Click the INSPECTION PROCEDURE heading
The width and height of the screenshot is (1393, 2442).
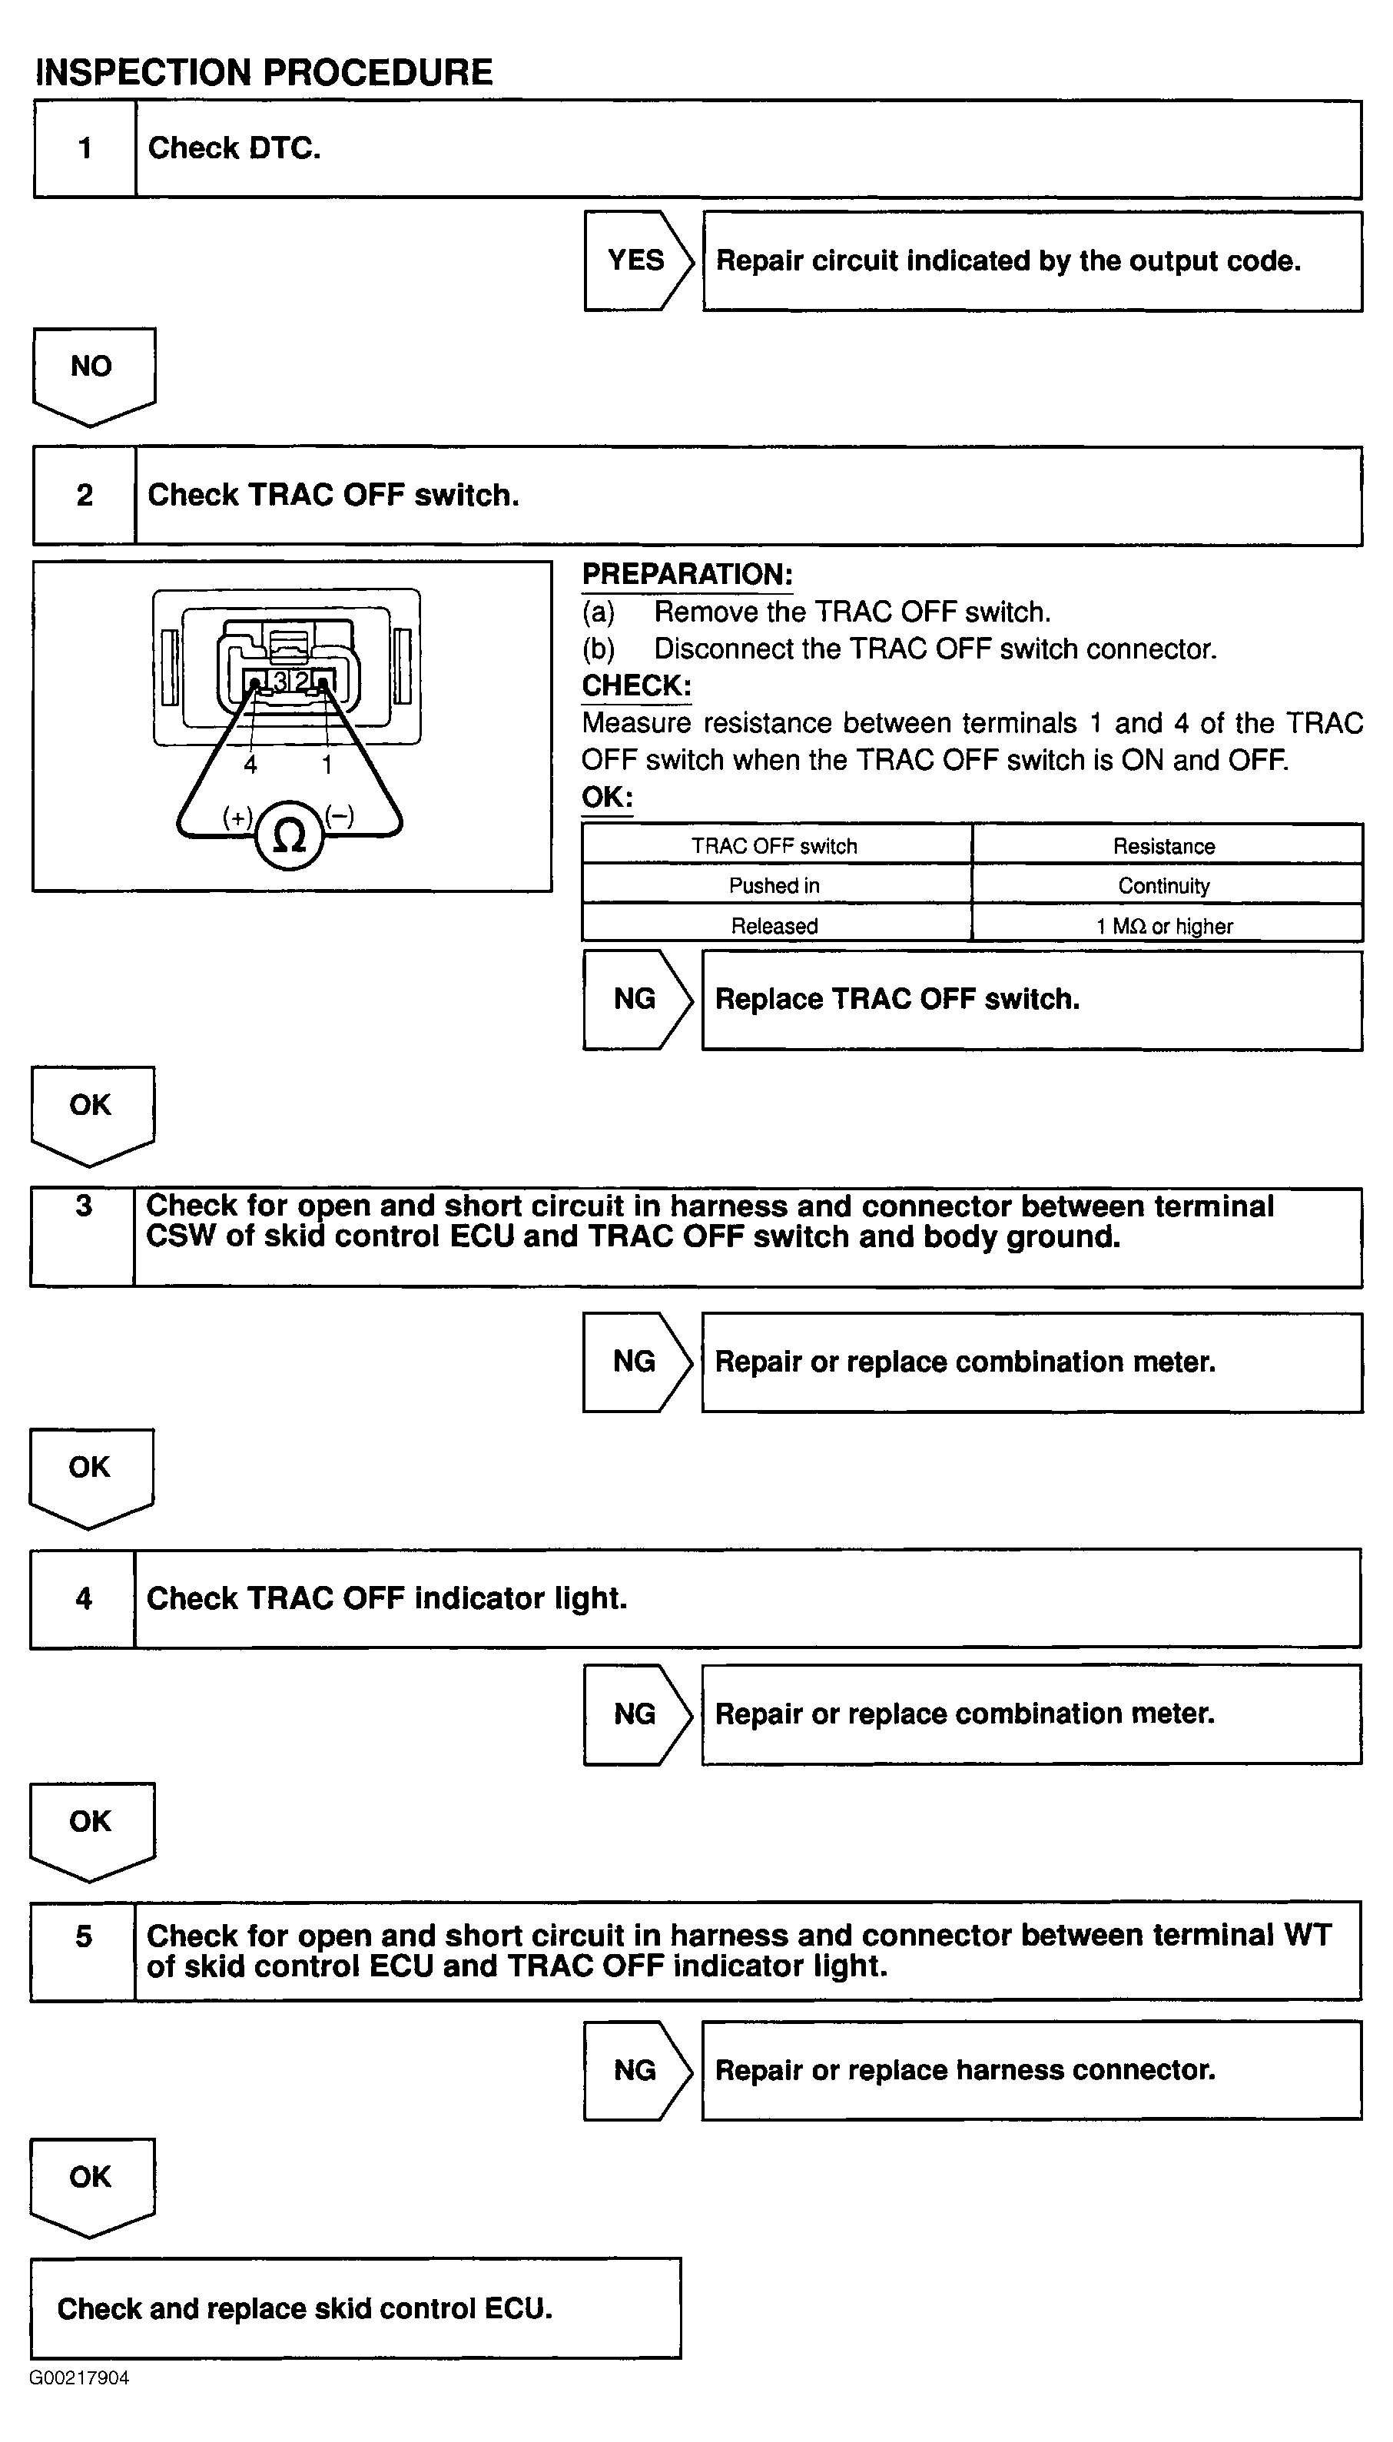[x=264, y=73]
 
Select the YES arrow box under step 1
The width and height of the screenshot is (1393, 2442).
[x=636, y=260]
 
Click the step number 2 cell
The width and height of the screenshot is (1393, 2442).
[x=85, y=496]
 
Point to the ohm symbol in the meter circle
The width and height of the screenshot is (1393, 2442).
[x=289, y=837]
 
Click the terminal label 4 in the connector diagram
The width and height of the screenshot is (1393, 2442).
[x=250, y=765]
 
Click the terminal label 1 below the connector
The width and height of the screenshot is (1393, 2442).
[x=327, y=765]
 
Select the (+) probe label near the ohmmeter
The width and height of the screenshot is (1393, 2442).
[x=237, y=817]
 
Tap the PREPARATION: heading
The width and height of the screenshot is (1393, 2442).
[x=687, y=574]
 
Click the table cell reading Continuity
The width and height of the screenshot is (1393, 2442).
[x=1164, y=886]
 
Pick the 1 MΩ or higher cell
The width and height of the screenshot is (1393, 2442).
[x=1164, y=926]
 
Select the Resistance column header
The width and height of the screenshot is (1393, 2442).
[x=1164, y=845]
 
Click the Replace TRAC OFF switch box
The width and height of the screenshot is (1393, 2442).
[x=1031, y=1000]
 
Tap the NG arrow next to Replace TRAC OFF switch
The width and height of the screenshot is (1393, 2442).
[x=635, y=1000]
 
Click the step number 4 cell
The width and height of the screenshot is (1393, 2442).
[x=83, y=1598]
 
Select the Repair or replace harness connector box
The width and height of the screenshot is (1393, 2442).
[x=1031, y=2070]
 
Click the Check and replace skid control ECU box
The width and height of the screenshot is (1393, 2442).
[x=355, y=2308]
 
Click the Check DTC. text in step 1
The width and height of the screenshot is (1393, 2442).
[x=234, y=148]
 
